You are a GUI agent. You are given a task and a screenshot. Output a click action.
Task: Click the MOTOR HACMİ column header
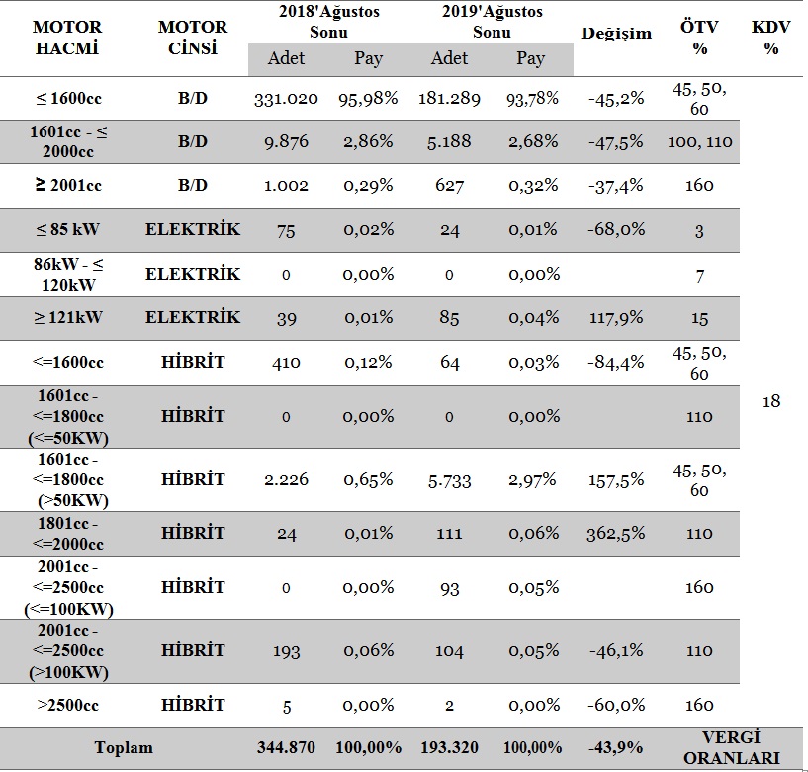click(67, 38)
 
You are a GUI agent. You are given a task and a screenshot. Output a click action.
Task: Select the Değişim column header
click(616, 34)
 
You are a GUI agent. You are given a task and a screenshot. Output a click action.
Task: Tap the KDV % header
click(770, 38)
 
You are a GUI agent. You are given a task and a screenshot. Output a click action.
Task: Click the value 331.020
click(286, 99)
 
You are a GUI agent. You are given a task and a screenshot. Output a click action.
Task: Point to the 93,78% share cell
click(532, 99)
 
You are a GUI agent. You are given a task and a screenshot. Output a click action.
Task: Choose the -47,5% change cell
click(616, 141)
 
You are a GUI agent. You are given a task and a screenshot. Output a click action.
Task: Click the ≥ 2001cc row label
click(68, 185)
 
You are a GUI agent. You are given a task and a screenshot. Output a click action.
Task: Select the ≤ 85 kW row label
click(67, 229)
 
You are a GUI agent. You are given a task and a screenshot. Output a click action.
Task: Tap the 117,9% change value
click(616, 317)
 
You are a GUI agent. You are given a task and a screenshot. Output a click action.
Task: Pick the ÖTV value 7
click(700, 276)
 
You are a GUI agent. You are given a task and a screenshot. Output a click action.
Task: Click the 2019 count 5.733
click(449, 481)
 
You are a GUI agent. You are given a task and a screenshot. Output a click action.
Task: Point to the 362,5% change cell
click(616, 534)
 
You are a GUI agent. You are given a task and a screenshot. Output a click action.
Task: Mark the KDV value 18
click(771, 401)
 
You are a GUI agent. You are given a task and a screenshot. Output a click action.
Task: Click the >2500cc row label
click(67, 705)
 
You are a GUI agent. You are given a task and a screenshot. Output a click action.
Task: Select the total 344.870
click(286, 747)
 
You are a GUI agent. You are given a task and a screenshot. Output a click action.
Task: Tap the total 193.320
click(449, 747)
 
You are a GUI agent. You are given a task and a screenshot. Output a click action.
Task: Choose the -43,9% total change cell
click(616, 747)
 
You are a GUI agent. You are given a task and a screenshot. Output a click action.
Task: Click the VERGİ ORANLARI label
click(731, 748)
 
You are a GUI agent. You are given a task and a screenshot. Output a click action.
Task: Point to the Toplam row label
click(124, 747)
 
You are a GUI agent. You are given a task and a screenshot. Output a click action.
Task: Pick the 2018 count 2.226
click(286, 479)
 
